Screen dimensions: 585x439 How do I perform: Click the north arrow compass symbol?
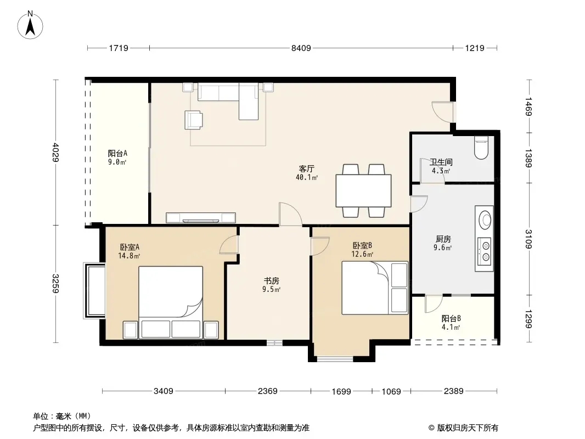(x=30, y=25)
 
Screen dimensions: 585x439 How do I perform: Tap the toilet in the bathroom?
(x=481, y=148)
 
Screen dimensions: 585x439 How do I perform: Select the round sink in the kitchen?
(x=485, y=219)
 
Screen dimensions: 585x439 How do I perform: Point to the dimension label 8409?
(x=301, y=48)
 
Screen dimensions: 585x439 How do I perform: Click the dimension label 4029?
(x=56, y=152)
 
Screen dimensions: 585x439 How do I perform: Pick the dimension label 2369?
(x=267, y=391)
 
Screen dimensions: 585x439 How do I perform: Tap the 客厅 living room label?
(x=306, y=169)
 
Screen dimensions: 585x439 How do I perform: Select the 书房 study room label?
(x=271, y=281)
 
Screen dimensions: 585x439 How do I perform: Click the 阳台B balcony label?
(x=451, y=318)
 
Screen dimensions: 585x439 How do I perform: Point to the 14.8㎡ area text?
(x=129, y=256)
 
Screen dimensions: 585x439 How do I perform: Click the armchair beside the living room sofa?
(x=194, y=120)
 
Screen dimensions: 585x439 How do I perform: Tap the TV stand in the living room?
(x=201, y=217)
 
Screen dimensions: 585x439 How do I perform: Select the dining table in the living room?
(x=363, y=190)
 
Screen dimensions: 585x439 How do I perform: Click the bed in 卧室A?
(x=171, y=302)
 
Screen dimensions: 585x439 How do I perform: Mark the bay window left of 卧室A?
(x=95, y=290)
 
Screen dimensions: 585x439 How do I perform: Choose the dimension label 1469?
(x=528, y=106)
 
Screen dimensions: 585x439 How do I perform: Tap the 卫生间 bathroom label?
(x=441, y=162)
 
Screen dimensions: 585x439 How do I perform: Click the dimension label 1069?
(x=391, y=392)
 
